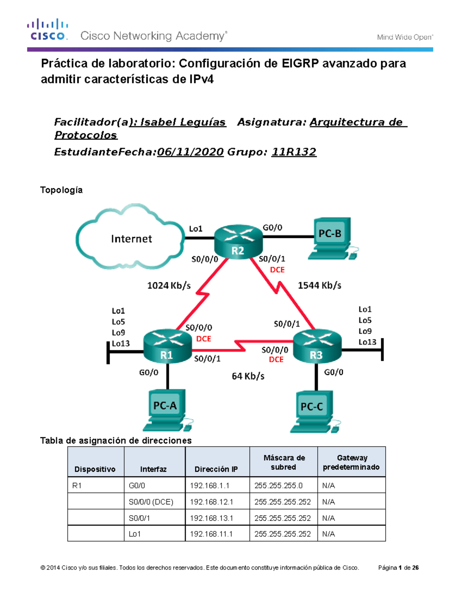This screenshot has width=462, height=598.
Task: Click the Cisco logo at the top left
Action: point(48,30)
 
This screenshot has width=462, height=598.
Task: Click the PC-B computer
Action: point(331,239)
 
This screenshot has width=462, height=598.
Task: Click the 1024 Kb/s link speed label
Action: point(169,286)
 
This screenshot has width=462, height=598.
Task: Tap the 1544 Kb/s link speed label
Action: point(319,285)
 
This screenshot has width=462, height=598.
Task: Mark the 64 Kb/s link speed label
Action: point(248,376)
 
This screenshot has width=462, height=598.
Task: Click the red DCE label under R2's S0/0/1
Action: point(277,270)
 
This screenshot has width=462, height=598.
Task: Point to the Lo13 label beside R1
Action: point(121,343)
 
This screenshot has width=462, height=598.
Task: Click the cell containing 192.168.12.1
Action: point(217,502)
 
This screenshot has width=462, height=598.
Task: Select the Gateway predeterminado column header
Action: point(351,462)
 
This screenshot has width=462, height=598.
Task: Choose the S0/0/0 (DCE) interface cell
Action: point(154,502)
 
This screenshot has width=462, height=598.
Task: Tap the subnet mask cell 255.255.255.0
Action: point(283,486)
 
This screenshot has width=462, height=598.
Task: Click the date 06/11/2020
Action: point(190,152)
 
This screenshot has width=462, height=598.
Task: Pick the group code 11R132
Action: point(294,152)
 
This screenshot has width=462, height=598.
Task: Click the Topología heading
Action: point(61,190)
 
